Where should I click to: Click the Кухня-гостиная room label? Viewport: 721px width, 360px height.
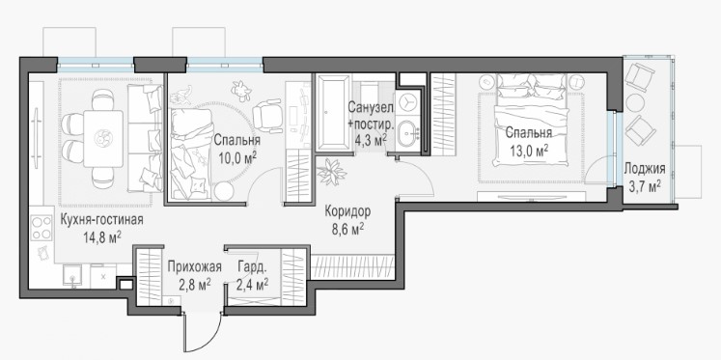click(x=101, y=220)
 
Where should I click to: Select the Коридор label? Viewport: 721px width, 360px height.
click(x=347, y=212)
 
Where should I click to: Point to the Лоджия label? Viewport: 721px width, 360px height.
click(x=644, y=168)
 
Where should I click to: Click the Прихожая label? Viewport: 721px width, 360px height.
click(x=195, y=266)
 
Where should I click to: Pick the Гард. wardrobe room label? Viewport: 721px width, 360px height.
click(x=253, y=266)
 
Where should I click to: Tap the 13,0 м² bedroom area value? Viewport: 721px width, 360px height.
click(x=528, y=151)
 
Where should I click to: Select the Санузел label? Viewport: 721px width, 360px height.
click(x=371, y=108)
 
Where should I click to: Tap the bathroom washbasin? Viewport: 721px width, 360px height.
click(x=407, y=133)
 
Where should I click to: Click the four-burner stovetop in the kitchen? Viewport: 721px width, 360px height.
click(x=42, y=228)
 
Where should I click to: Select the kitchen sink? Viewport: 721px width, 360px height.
click(x=72, y=276)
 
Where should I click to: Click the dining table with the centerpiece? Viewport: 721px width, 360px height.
click(x=103, y=138)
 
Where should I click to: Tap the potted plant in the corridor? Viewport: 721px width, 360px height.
click(x=331, y=173)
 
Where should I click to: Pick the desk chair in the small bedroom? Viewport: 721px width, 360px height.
click(x=266, y=117)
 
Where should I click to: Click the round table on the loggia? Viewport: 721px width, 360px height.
click(x=636, y=102)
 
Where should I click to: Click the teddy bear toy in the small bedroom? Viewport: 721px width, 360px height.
click(x=241, y=91)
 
